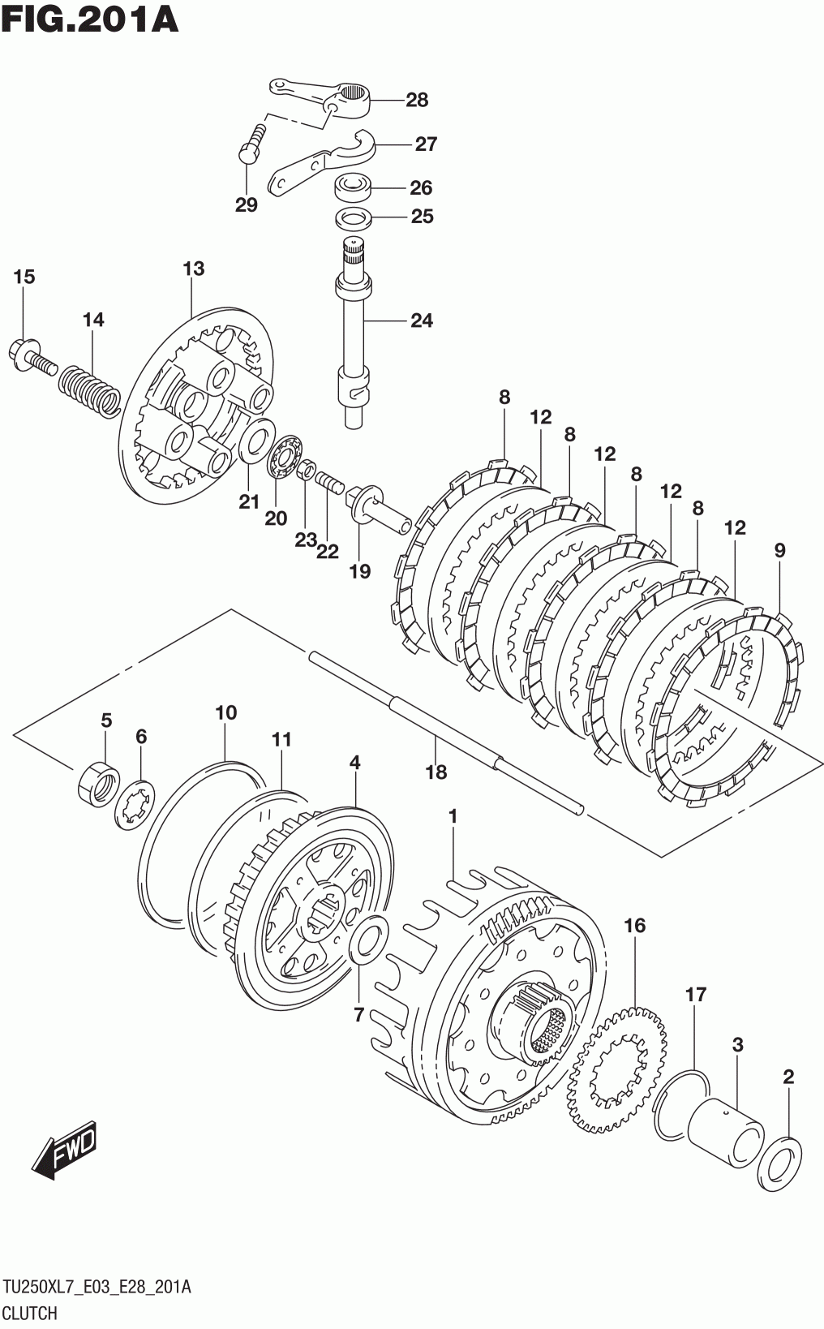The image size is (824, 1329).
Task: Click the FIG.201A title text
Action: tap(89, 19)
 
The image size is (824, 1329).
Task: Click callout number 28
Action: tap(417, 100)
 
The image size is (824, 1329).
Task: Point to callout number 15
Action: tap(24, 277)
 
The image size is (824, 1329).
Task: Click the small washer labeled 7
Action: tap(369, 940)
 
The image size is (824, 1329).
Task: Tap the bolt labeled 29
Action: tap(253, 143)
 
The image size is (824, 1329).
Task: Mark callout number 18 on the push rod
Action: tap(436, 772)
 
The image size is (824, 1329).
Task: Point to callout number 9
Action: tap(779, 551)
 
